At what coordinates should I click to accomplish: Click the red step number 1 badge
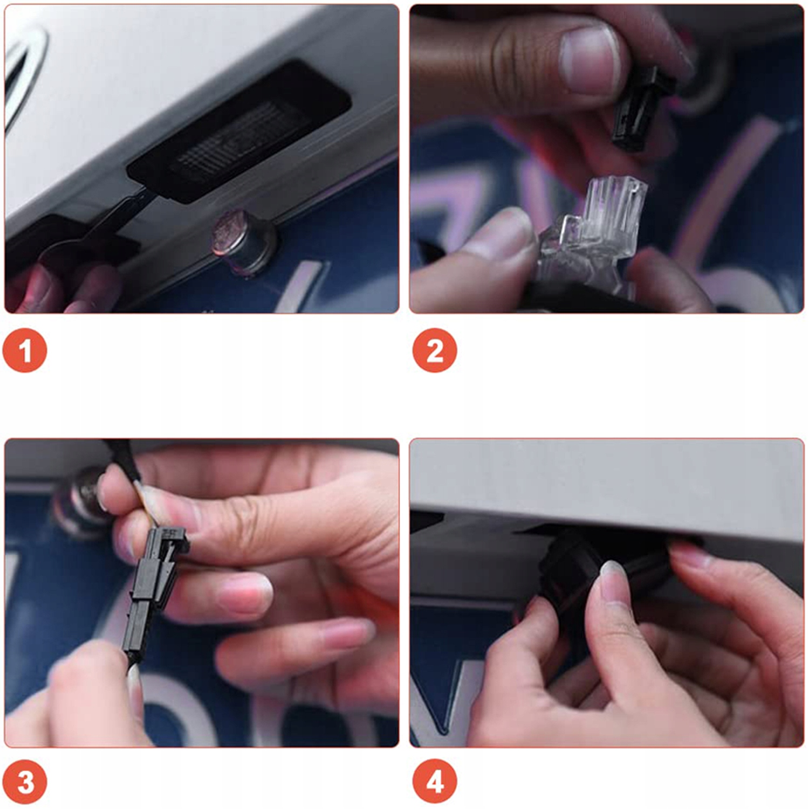(x=25, y=350)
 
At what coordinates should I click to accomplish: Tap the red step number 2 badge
(x=435, y=350)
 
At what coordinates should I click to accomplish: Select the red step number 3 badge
(x=25, y=781)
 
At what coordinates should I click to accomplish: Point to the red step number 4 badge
(x=435, y=781)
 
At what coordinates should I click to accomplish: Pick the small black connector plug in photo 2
(x=642, y=108)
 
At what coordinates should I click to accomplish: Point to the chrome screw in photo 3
(x=81, y=502)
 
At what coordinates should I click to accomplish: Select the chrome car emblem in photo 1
(x=22, y=76)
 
